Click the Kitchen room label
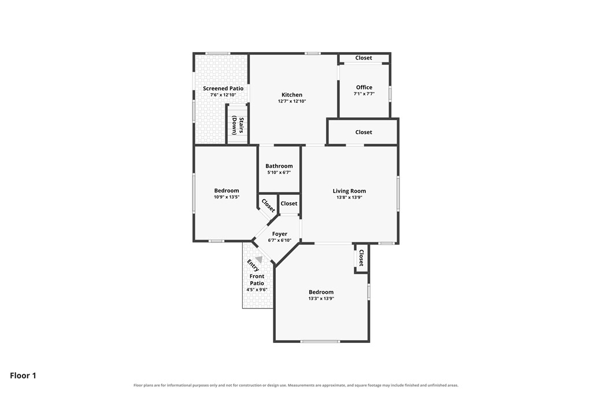click(x=292, y=95)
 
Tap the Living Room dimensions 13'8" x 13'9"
click(x=349, y=197)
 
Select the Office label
click(x=364, y=87)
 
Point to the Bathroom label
click(x=279, y=166)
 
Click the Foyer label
click(x=280, y=234)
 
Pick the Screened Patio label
click(x=223, y=88)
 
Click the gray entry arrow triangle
click(x=259, y=259)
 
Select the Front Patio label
click(x=257, y=280)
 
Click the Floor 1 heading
click(x=23, y=375)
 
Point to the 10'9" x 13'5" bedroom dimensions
click(x=227, y=197)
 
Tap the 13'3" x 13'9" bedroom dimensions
click(x=321, y=298)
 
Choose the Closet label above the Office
click(x=364, y=58)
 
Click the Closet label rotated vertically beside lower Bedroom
click(x=361, y=258)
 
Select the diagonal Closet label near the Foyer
click(x=268, y=206)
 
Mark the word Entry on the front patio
click(x=253, y=265)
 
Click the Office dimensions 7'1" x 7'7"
click(x=364, y=94)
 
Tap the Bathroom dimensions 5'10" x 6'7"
click(x=279, y=172)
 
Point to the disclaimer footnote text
click(x=296, y=386)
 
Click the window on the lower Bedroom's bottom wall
click(x=320, y=341)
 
